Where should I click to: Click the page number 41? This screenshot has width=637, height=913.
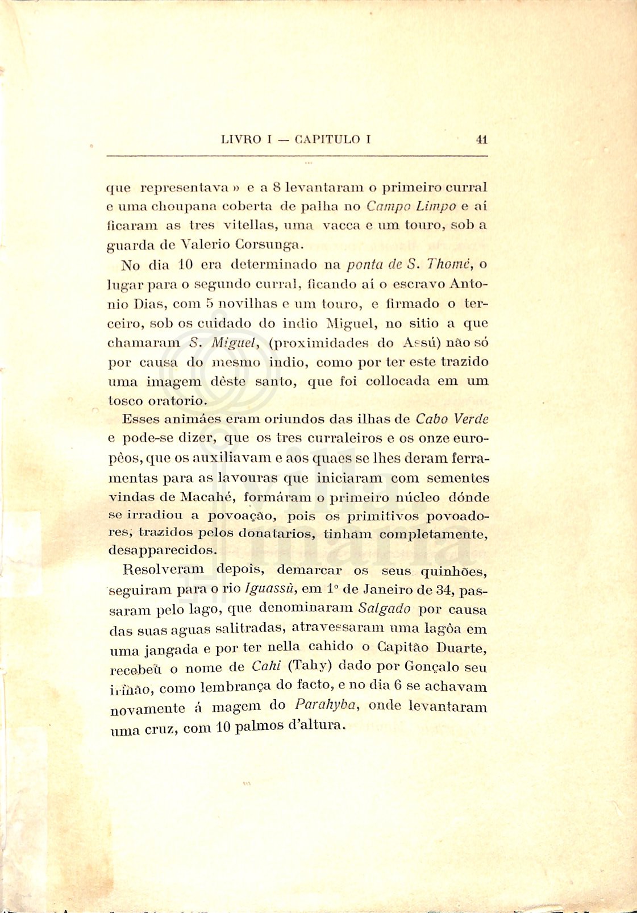(x=482, y=139)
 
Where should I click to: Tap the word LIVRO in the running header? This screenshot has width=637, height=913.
(x=241, y=139)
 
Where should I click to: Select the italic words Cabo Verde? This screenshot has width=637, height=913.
(x=452, y=420)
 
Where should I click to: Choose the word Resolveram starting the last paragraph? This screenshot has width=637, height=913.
(x=163, y=569)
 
